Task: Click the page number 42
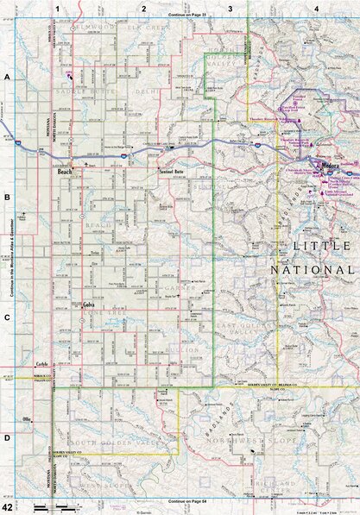(8, 507)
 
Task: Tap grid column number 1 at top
(57, 8)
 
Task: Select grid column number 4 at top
(317, 8)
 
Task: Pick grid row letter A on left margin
(7, 78)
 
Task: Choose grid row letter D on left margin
(7, 438)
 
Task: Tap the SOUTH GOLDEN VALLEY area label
(112, 442)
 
